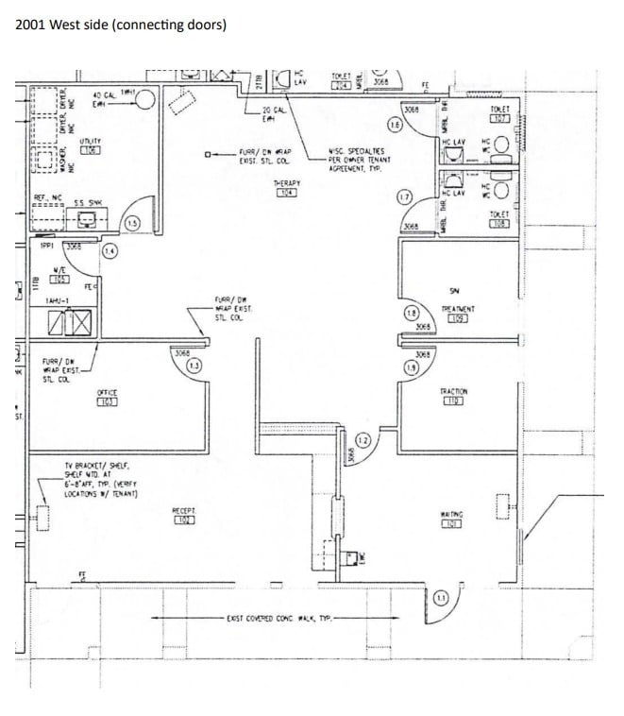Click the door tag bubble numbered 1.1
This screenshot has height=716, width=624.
pyautogui.click(x=440, y=596)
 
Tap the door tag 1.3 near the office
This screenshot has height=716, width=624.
pyautogui.click(x=194, y=366)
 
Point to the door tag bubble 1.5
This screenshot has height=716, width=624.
pyautogui.click(x=132, y=223)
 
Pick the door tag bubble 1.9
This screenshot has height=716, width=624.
pyautogui.click(x=411, y=367)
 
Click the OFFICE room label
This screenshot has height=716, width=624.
pyautogui.click(x=107, y=396)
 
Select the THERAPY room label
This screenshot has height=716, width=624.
pyautogui.click(x=286, y=187)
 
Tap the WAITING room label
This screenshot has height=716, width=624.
pyautogui.click(x=451, y=519)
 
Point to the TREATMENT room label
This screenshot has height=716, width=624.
pyautogui.click(x=457, y=313)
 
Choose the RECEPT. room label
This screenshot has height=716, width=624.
pyautogui.click(x=183, y=515)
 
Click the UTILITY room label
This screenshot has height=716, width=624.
pyautogui.click(x=91, y=145)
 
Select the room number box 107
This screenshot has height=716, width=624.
pyautogui.click(x=499, y=119)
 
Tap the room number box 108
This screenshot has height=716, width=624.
pyautogui.click(x=499, y=224)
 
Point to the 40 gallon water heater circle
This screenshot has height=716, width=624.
pyautogui.click(x=143, y=100)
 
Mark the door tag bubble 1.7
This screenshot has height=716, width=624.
pyautogui.click(x=404, y=197)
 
